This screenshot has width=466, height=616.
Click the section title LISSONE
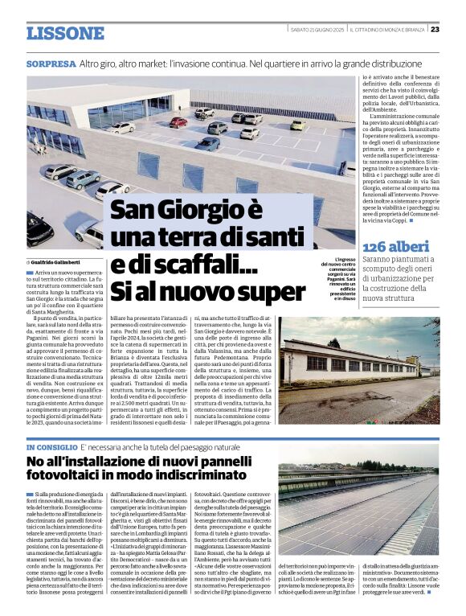pyautogui.click(x=65, y=33)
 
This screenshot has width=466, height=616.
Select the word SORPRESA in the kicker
pyautogui.click(x=51, y=64)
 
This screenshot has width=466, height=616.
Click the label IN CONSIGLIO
pyautogui.click(x=51, y=446)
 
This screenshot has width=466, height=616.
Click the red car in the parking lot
pyautogui.click(x=178, y=122)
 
